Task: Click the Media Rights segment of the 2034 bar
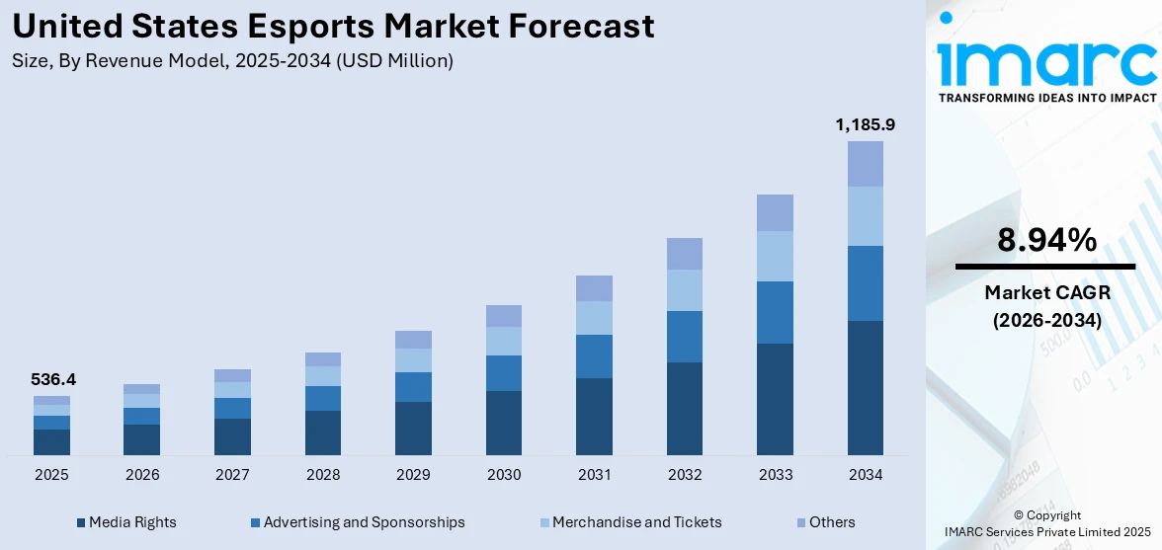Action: (865, 387)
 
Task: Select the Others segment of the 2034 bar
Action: (865, 163)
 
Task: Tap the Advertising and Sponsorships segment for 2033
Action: (775, 312)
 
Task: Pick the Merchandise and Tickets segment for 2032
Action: (685, 290)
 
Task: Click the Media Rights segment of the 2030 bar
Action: (504, 423)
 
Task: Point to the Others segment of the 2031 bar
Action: (594, 288)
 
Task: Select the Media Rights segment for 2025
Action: (51, 441)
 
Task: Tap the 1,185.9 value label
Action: (865, 124)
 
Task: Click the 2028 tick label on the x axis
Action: (323, 475)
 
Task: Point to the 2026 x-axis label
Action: (142, 475)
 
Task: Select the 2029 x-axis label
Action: (413, 475)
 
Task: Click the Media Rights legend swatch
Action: (81, 522)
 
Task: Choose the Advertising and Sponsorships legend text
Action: (364, 522)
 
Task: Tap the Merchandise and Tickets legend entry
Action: (636, 522)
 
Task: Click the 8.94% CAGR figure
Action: (1046, 240)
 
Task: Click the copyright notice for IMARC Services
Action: (1047, 524)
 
